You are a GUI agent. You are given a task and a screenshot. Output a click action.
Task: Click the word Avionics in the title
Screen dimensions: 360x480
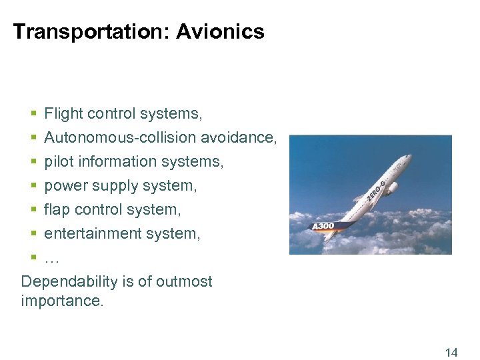220,31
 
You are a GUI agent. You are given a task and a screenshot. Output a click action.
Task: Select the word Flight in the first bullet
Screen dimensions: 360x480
63,114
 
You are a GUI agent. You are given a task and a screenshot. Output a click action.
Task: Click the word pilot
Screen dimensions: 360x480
59,162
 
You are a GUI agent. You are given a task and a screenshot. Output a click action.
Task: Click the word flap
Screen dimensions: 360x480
57,210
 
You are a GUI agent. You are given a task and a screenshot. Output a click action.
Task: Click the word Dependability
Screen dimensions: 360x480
69,282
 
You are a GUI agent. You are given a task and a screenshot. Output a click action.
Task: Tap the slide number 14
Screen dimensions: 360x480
451,353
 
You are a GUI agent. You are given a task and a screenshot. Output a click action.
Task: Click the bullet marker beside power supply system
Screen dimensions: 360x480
33,185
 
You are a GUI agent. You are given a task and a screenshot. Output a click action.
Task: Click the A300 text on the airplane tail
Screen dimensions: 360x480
323,227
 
